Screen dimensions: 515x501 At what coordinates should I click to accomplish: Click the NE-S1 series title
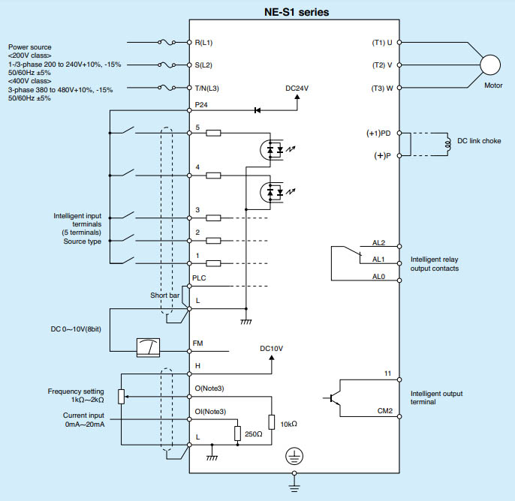297,12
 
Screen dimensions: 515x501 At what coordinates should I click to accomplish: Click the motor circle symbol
490,65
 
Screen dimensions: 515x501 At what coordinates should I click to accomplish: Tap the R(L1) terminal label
203,43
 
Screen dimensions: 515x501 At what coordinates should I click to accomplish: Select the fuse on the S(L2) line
167,65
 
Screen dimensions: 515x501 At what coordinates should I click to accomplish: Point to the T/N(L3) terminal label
207,88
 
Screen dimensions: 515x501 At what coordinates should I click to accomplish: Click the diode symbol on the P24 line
257,110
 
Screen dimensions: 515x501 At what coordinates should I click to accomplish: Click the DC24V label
297,88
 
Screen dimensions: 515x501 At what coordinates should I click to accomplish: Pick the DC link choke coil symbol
447,144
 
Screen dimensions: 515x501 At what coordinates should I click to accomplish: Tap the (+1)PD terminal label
378,133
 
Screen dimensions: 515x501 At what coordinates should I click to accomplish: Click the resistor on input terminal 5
213,133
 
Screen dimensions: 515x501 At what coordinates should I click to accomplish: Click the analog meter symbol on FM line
148,347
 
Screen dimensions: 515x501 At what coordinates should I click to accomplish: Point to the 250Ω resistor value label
254,434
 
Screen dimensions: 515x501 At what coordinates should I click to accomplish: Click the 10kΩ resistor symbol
272,422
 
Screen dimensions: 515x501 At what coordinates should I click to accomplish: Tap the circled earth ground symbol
294,456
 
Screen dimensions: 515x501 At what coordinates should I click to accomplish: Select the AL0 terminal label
378,277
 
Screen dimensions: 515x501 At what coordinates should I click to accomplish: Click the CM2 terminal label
385,411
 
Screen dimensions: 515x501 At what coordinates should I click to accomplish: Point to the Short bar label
165,295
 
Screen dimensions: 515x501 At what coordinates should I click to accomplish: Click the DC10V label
271,349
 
